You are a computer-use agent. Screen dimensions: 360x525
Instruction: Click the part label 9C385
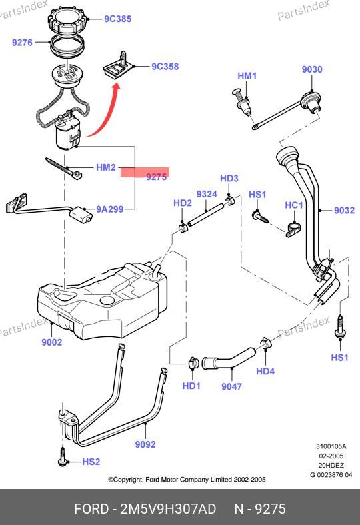pos(117,19)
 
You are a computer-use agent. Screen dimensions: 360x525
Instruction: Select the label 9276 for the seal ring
pos(22,42)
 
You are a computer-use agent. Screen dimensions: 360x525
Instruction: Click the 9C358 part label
pos(165,67)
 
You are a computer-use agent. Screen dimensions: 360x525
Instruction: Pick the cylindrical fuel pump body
pos(67,133)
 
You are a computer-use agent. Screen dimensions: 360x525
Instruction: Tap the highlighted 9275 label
pos(156,177)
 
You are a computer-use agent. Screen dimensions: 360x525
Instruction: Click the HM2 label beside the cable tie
pos(106,167)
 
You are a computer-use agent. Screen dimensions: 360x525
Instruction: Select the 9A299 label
pos(110,209)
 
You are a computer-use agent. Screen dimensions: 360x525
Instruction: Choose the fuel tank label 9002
pos(51,342)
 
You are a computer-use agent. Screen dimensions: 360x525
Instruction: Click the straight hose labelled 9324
pos(205,215)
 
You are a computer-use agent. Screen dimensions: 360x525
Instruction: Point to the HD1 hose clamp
pos(193,363)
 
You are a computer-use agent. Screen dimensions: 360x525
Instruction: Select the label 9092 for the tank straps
pos(145,444)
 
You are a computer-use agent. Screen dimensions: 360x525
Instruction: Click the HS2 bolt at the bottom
pos(62,456)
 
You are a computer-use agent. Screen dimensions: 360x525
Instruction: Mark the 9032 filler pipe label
pos(344,210)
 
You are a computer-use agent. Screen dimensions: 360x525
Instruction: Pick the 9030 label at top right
pos(312,69)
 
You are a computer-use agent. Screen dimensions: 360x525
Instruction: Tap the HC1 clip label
pos(294,205)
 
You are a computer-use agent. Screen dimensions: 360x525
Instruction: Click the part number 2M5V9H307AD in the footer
pos(168,508)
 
